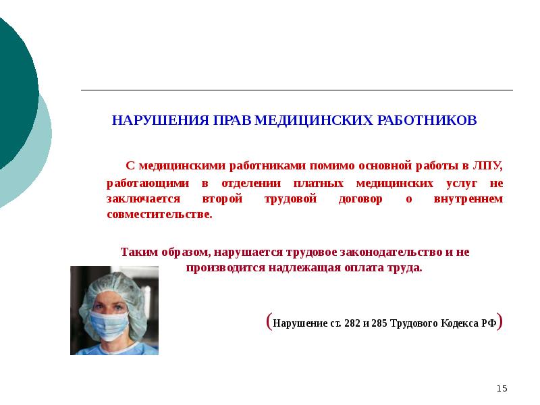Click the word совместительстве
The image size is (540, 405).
159,215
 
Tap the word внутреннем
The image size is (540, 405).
470,199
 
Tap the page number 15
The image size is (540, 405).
502,388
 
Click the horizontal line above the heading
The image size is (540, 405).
297,90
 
